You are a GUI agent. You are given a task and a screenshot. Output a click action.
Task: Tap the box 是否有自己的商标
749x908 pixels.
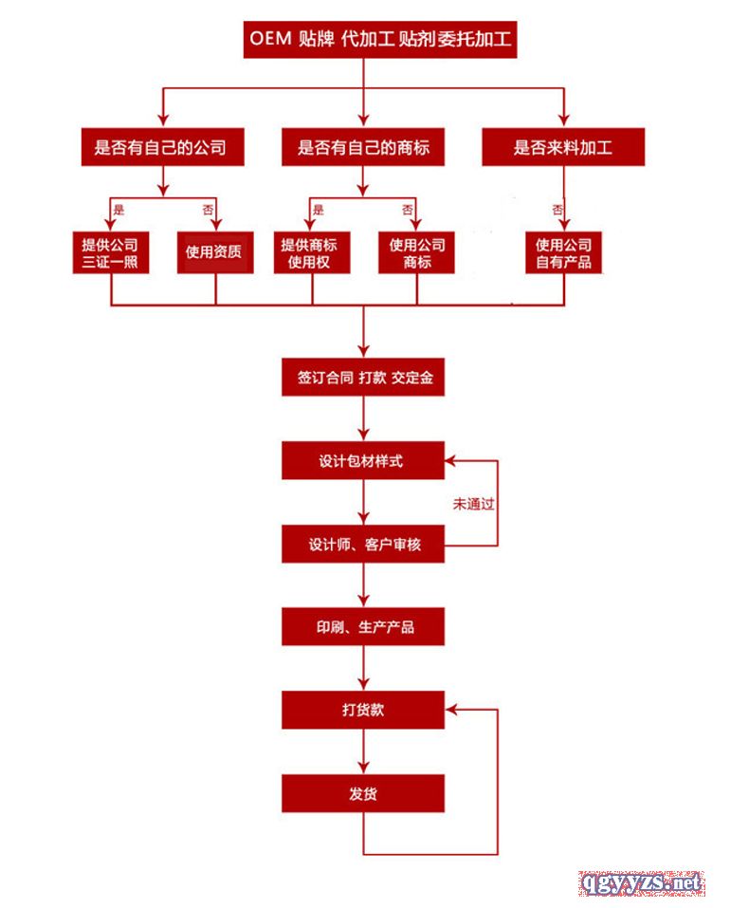tap(363, 148)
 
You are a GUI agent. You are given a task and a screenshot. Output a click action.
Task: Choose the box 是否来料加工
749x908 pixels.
tap(563, 148)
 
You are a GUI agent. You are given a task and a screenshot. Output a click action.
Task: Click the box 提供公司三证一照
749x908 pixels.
tap(111, 253)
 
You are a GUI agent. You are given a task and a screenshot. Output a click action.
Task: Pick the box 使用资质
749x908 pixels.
tap(215, 253)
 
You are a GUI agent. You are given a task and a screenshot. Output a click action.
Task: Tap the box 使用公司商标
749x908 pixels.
tap(417, 253)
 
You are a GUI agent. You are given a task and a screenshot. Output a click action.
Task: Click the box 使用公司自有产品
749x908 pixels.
tap(564, 253)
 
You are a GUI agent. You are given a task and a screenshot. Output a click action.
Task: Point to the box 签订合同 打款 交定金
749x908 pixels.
tap(363, 378)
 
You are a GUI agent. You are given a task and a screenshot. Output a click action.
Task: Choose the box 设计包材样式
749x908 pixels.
tap(363, 461)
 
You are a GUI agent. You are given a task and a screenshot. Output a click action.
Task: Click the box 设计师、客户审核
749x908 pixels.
tap(363, 545)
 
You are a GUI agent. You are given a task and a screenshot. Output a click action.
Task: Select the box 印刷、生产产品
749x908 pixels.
tap(363, 627)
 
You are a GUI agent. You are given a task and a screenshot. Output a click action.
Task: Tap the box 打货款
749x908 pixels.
tap(363, 710)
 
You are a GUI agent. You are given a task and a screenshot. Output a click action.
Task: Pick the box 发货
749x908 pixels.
tap(363, 793)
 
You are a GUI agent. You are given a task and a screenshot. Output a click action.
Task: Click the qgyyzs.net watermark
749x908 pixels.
tap(642, 883)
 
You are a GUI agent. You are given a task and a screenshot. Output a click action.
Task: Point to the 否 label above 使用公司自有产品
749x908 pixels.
tap(558, 209)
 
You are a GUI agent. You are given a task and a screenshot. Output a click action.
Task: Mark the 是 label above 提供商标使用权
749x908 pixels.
tap(318, 209)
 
